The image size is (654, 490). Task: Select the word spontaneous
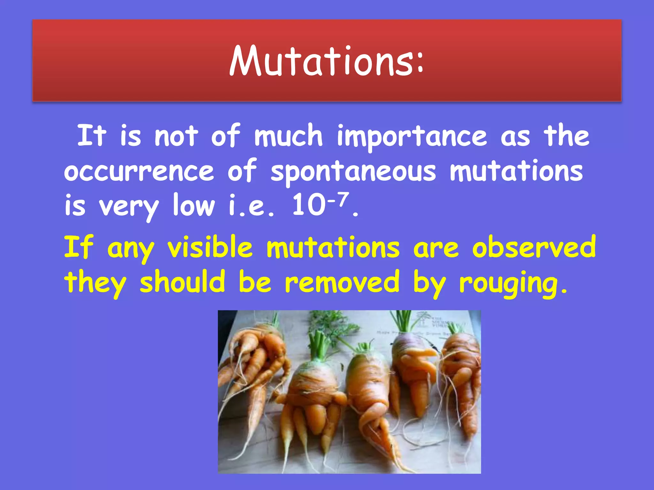coord(353,172)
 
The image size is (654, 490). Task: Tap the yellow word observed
coord(534,247)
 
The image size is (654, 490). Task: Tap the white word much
coord(288,137)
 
